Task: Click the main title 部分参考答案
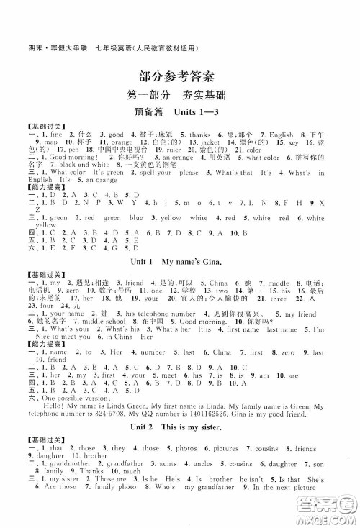179,78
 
